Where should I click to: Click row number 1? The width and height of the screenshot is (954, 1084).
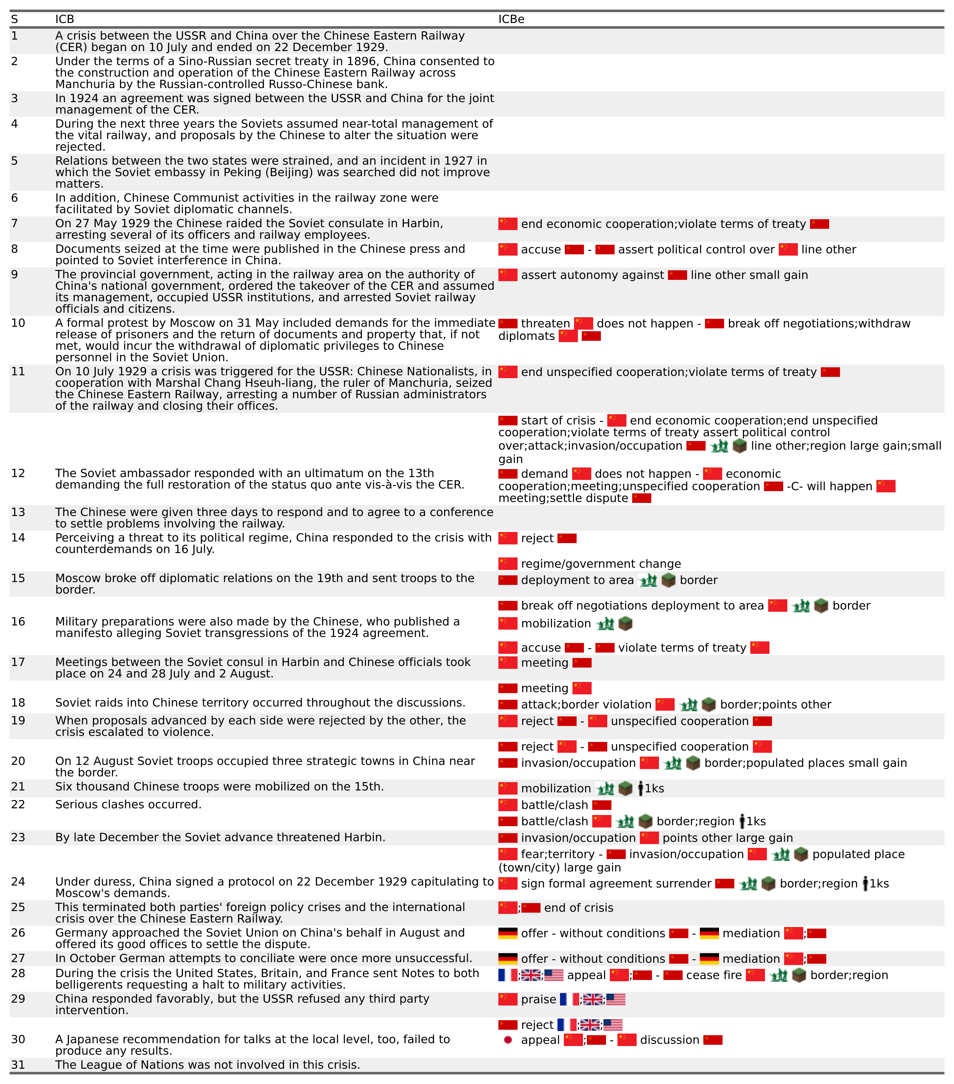point(14,36)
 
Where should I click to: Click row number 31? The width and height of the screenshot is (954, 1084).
point(18,1065)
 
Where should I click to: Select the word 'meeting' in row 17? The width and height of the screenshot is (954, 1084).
point(544,662)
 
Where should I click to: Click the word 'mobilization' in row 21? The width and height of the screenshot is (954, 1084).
point(556,789)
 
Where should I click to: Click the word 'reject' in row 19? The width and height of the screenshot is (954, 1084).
point(537,721)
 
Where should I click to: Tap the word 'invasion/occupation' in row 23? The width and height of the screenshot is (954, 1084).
point(578,838)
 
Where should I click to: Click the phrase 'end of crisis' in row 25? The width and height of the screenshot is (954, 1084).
point(578,908)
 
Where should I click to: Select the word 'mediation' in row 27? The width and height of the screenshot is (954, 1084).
point(751,959)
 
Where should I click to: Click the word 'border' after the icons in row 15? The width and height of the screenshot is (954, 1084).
point(698,580)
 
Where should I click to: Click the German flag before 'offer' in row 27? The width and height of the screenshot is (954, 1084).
point(508,959)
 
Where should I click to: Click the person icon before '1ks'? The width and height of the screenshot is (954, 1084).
point(640,789)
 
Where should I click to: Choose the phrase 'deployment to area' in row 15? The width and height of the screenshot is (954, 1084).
point(577,580)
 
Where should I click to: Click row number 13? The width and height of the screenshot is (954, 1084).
point(18,512)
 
